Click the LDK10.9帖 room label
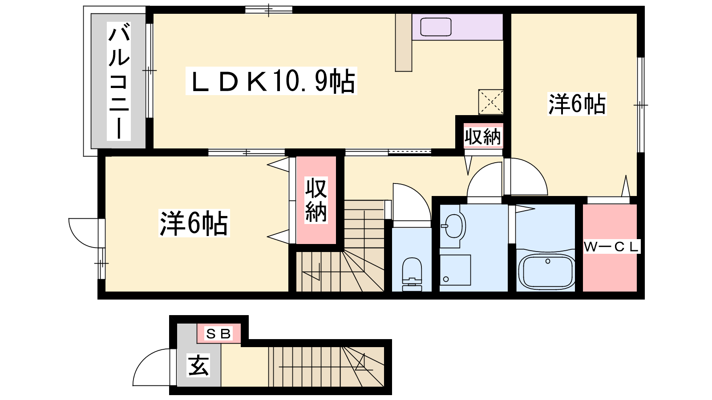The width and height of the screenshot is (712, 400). pos(271,81)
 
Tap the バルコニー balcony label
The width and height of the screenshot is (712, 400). pos(119,81)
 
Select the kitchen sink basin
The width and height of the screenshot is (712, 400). pos(436,27)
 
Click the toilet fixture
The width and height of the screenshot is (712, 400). pos(412,274)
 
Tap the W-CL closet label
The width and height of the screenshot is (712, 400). pos(611,247)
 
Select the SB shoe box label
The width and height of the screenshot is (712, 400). pos(218,334)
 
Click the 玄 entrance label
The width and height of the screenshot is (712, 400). pos(198,365)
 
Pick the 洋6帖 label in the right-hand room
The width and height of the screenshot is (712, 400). pos(577,104)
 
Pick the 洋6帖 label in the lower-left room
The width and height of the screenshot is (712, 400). pos(194,223)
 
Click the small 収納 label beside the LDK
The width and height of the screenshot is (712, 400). pos(483,137)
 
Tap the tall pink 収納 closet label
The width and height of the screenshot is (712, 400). pos(316,200)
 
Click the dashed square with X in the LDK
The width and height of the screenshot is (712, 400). pos(491,102)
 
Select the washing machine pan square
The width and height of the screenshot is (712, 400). pos(455,270)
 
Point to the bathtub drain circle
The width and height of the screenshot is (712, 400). pos(548,261)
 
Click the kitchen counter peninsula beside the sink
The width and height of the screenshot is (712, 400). pos(404,43)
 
